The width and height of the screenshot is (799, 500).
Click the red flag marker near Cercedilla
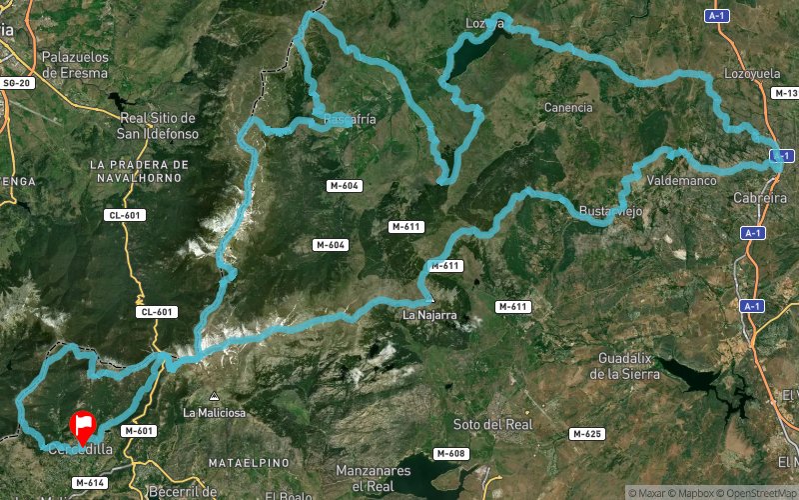click(x=84, y=427)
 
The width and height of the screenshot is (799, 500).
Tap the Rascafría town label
click(x=350, y=119)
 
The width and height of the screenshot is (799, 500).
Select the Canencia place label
click(x=568, y=107)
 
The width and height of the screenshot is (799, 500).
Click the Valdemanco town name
click(x=682, y=181)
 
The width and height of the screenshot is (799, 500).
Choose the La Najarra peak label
click(x=429, y=315)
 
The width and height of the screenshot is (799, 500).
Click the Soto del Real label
click(x=492, y=424)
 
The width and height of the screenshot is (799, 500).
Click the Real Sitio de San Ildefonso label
click(x=157, y=125)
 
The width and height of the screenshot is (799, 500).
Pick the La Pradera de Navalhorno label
click(x=138, y=170)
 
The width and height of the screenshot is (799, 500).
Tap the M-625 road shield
click(x=586, y=434)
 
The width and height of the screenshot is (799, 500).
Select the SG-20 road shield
click(x=17, y=83)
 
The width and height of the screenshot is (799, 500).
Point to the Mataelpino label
click(x=248, y=462)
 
